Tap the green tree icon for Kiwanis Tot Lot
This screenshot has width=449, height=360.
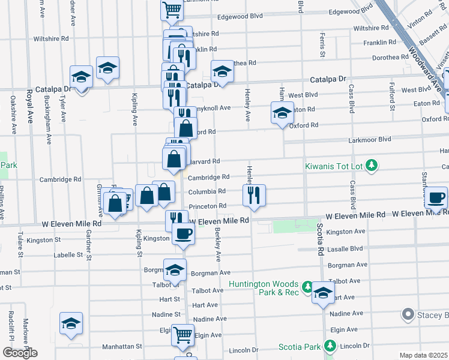(x=372, y=164)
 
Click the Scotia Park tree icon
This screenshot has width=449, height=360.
(x=330, y=346)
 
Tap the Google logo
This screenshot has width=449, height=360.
(x=20, y=353)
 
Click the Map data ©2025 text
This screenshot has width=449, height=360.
(x=424, y=355)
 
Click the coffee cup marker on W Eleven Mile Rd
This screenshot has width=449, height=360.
(x=182, y=233)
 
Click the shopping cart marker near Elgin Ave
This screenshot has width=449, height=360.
(x=182, y=335)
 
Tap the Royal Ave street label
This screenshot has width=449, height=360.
(x=29, y=107)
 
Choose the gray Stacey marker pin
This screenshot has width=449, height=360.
(x=408, y=314)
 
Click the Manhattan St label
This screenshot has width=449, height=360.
(x=121, y=346)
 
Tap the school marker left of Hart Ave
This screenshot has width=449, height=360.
(x=323, y=293)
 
